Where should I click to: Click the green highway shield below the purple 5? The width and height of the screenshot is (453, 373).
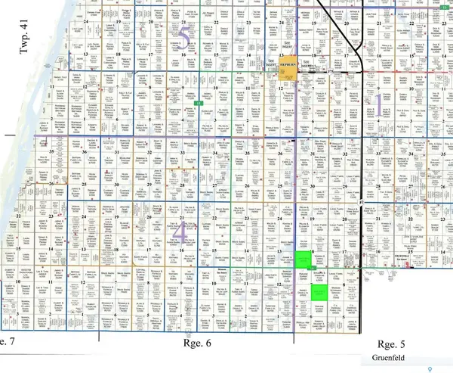tap(197, 101)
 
